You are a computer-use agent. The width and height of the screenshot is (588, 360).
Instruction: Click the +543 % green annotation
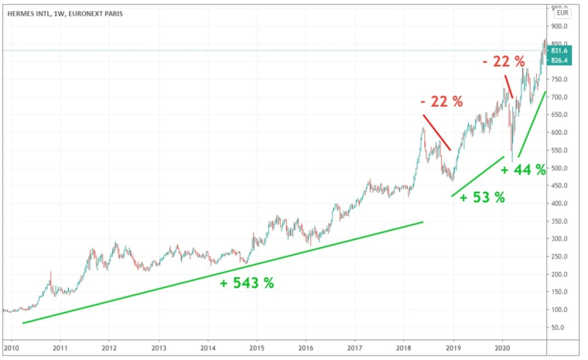[x=247, y=283]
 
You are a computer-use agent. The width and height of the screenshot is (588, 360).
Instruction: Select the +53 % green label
[x=482, y=197]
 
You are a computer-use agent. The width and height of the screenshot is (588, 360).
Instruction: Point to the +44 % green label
[x=524, y=170]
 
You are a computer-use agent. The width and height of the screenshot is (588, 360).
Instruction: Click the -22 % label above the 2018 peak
[x=441, y=101]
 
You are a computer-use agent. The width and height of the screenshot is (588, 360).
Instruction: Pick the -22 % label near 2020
[x=504, y=60]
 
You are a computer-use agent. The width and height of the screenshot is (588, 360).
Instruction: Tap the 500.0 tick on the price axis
[x=559, y=168]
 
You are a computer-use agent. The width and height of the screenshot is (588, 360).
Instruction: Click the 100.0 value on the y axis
[x=559, y=310]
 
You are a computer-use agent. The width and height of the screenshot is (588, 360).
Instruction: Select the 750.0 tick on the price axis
[x=559, y=80]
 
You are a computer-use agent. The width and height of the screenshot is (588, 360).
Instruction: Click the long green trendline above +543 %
[x=224, y=272]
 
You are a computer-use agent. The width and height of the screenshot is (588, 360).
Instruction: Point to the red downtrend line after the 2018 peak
[x=437, y=133]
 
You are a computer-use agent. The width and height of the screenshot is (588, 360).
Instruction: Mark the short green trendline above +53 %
[x=477, y=176]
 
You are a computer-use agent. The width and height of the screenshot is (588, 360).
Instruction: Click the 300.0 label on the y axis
[x=559, y=239]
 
